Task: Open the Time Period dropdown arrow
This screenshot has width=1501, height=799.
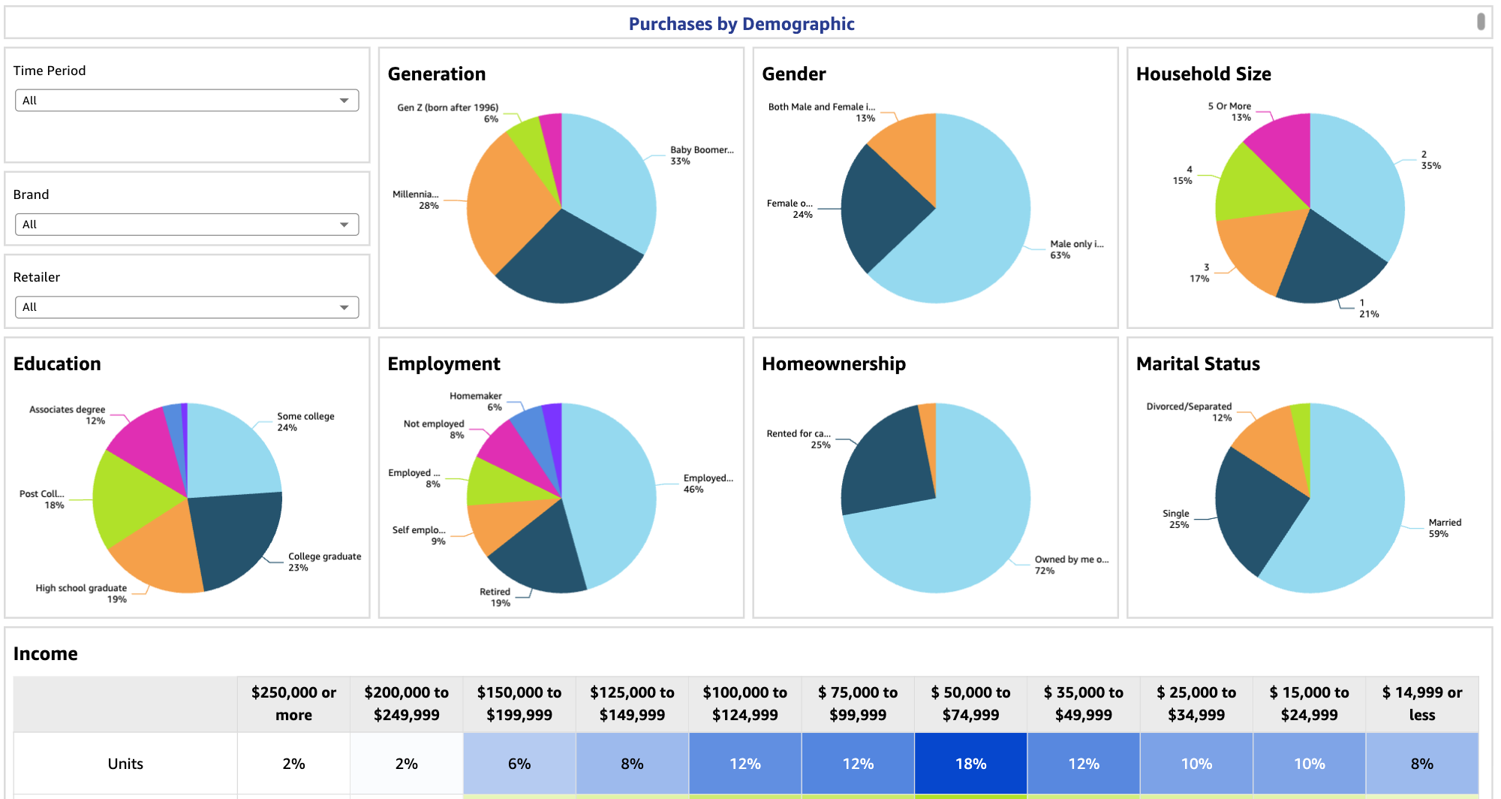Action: pyautogui.click(x=344, y=101)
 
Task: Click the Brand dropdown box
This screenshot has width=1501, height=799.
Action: pyautogui.click(x=186, y=225)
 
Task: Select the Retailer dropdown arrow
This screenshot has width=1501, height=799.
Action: pyautogui.click(x=344, y=307)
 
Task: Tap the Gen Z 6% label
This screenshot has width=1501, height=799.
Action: pyautogui.click(x=448, y=113)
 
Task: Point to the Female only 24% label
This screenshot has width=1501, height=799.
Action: pyautogui.click(x=790, y=209)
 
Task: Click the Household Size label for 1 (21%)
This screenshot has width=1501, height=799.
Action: pyautogui.click(x=1368, y=309)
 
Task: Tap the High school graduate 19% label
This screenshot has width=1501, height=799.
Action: pyautogui.click(x=81, y=593)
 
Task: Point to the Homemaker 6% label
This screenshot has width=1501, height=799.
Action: pyautogui.click(x=476, y=402)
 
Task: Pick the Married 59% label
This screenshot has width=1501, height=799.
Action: pyautogui.click(x=1444, y=528)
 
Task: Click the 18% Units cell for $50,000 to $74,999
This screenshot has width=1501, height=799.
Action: pyautogui.click(x=970, y=764)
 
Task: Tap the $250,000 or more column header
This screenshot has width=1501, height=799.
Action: pyautogui.click(x=293, y=704)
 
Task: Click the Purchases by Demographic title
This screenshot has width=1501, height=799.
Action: pyautogui.click(x=741, y=24)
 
